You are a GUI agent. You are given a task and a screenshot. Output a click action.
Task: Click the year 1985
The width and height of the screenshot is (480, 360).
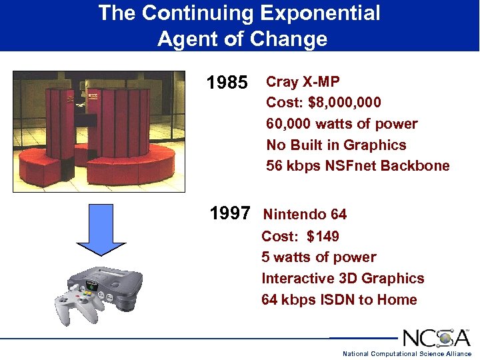[227, 83]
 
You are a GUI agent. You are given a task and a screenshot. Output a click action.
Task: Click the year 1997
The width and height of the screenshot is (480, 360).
[230, 214]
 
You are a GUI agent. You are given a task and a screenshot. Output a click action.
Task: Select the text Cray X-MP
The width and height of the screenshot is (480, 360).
[303, 82]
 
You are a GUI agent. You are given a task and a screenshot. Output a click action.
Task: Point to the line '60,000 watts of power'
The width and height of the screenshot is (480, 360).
[341, 124]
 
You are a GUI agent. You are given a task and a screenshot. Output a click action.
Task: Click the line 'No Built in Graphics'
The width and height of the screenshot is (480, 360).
[336, 145]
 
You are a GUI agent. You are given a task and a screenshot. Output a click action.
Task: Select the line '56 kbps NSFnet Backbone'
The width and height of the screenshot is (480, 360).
[357, 166]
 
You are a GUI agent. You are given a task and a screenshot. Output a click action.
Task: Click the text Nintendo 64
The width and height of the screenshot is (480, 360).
[305, 215]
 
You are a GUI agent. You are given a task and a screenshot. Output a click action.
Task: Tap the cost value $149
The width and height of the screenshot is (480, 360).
[323, 237]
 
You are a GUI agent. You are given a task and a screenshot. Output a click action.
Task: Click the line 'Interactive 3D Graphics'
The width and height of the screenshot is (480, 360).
[343, 279]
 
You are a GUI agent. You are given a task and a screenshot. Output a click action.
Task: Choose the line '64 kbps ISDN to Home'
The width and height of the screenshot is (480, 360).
[339, 300]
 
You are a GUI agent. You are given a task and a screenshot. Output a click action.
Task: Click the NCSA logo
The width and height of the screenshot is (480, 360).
[436, 337]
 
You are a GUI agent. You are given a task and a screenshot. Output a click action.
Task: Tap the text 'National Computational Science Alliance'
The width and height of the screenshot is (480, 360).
[407, 354]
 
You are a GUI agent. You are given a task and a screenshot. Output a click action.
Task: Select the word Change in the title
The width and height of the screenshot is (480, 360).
[289, 39]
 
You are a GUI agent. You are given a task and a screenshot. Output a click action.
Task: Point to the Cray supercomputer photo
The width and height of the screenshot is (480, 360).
[99, 131]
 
